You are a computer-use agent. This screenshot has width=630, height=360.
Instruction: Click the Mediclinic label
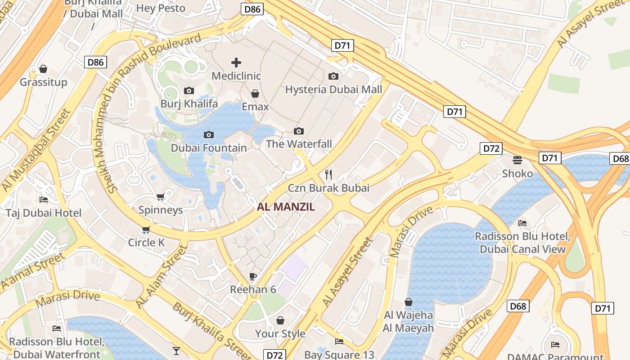(x=236, y=76)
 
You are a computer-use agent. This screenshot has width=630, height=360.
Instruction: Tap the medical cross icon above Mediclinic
(x=236, y=63)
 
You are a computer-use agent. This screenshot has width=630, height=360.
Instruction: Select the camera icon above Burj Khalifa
(x=189, y=91)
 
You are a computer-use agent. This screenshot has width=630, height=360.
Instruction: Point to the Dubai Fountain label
(x=209, y=148)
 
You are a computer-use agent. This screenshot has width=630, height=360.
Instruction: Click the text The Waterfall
(x=299, y=144)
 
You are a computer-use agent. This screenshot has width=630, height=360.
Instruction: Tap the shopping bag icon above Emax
(x=255, y=94)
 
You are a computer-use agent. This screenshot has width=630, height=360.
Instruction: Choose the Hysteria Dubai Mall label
(x=333, y=89)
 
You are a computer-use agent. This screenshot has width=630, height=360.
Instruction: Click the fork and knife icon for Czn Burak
(x=328, y=175)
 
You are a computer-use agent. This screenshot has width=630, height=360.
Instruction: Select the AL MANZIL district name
(x=286, y=207)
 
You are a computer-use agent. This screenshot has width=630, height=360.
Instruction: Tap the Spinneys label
(x=161, y=210)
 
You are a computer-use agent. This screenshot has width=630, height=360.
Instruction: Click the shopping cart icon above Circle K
(x=146, y=230)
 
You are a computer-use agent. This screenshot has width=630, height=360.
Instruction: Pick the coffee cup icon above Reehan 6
(x=253, y=276)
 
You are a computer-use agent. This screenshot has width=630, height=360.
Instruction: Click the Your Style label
(x=280, y=333)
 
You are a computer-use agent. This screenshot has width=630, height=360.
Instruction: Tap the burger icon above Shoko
(x=517, y=160)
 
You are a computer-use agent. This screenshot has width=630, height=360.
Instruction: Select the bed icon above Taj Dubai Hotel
(x=44, y=199)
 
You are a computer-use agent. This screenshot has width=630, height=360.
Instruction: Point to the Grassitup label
(x=43, y=82)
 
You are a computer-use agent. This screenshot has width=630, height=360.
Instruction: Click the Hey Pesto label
(x=161, y=8)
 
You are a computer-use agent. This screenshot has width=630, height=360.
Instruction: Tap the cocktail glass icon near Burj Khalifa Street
(x=176, y=351)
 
